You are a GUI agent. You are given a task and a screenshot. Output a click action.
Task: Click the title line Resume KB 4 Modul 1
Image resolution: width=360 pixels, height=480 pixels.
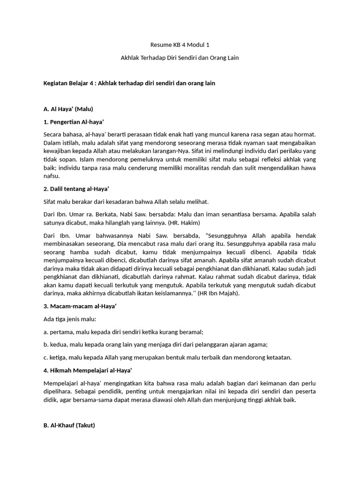[180, 45]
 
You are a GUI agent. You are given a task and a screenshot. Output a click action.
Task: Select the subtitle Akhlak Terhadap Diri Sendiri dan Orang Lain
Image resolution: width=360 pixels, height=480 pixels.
[180, 58]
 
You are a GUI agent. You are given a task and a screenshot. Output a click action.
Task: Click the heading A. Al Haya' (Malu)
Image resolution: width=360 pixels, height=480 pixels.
[68, 109]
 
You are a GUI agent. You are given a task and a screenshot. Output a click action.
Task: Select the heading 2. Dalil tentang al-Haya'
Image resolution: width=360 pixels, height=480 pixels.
[76, 189]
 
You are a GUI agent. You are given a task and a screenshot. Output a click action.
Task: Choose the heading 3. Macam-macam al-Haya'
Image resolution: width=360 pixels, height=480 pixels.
[80, 306]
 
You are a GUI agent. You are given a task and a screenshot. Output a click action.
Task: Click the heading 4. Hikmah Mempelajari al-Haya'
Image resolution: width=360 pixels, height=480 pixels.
[88, 370]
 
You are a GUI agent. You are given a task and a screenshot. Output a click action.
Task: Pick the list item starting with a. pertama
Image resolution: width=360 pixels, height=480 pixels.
[123, 332]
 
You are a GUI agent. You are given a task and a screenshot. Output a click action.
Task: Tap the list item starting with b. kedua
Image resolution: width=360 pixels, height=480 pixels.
[155, 345]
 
